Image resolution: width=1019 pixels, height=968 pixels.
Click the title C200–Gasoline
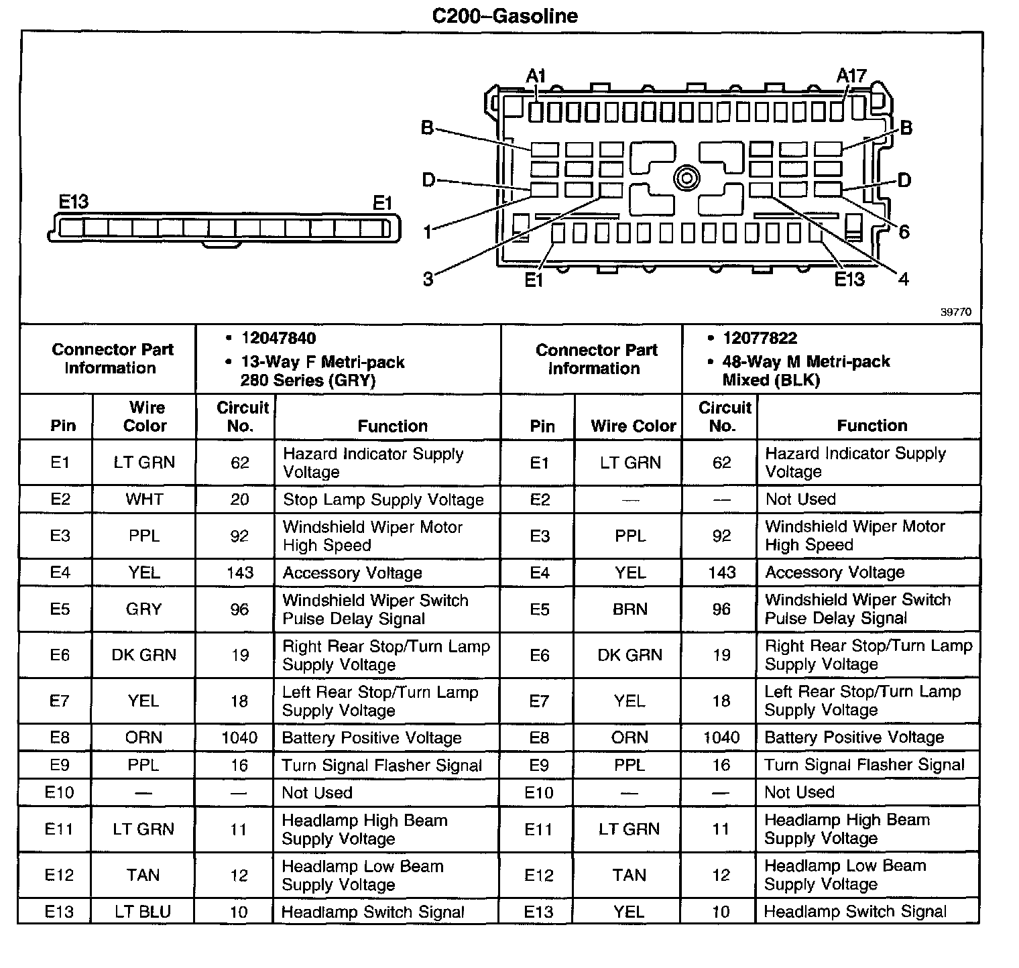(504, 15)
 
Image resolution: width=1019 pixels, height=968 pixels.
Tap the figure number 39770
(955, 312)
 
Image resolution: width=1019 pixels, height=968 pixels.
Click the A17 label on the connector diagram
(851, 76)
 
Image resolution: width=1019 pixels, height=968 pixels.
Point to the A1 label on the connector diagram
(536, 76)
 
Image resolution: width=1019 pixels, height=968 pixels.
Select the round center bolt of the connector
(687, 178)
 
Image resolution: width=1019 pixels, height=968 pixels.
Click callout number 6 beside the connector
(904, 232)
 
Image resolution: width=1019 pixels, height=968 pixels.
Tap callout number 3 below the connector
(428, 279)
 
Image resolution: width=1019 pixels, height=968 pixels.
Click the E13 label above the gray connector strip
(74, 202)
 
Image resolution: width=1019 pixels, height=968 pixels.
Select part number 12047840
(279, 338)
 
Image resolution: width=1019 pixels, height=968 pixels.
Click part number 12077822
(760, 338)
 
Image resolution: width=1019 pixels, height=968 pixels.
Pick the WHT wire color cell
(144, 499)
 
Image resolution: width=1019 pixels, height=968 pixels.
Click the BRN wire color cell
(630, 609)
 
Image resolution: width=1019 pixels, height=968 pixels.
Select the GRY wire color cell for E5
(143, 609)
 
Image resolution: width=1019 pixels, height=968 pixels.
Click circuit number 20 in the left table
(239, 499)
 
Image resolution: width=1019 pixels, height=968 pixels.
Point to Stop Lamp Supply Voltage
(383, 499)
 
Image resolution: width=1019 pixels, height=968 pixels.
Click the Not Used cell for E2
(800, 499)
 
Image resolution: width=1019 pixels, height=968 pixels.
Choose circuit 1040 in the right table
(721, 737)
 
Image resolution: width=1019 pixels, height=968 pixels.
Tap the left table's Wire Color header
(145, 416)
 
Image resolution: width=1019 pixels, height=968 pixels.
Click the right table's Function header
(872, 425)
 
